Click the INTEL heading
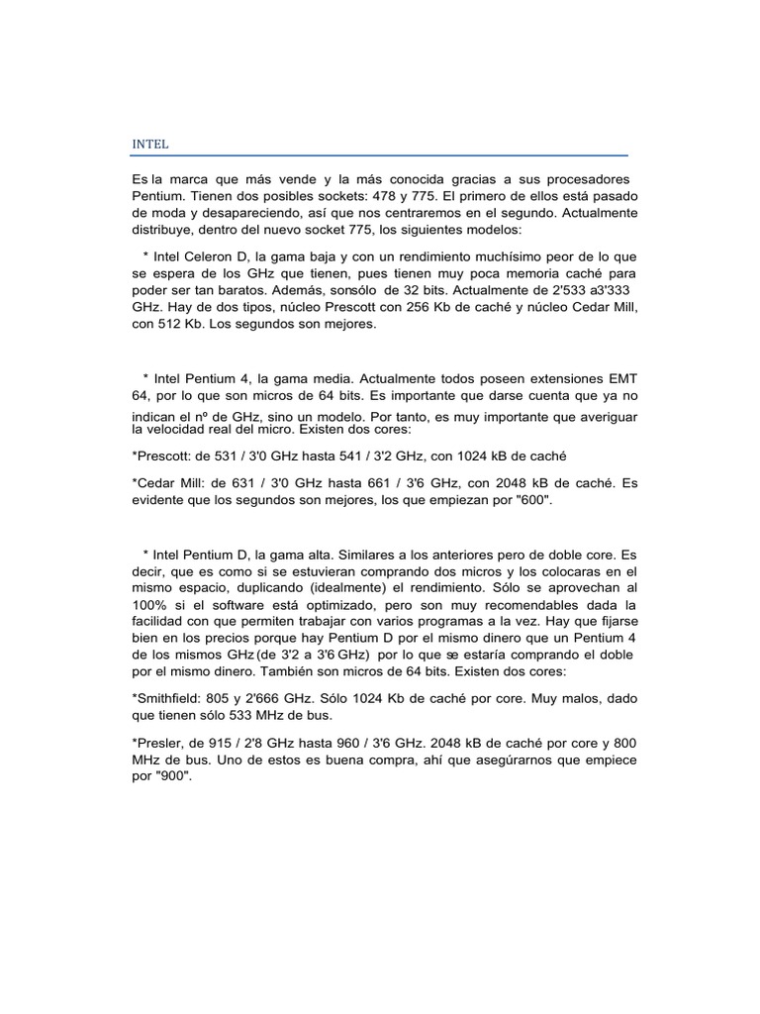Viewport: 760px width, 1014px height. point(150,145)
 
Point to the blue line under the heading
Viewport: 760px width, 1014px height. point(380,155)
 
